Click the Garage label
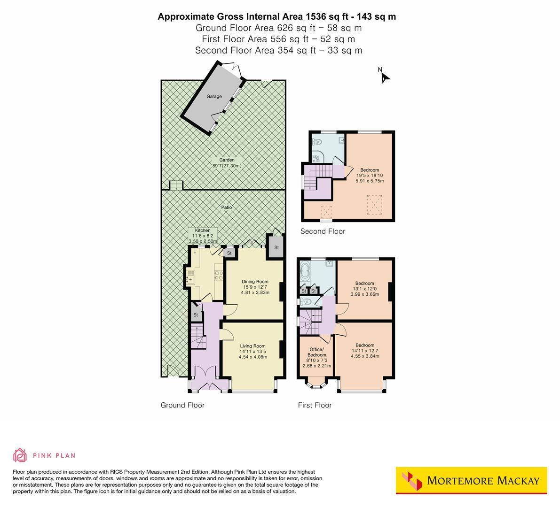click(214, 96)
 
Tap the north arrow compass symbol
click(384, 76)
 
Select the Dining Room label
click(255, 281)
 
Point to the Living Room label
click(253, 346)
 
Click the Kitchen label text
click(203, 230)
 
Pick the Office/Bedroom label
click(316, 352)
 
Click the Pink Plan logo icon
click(20, 455)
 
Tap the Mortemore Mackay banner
click(472, 480)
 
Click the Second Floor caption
click(323, 231)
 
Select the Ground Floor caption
click(182, 405)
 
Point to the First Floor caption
click(315, 405)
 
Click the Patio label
click(227, 207)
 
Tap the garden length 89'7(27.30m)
click(227, 166)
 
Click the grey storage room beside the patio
click(276, 247)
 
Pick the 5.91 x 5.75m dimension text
click(370, 181)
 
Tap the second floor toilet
click(317, 142)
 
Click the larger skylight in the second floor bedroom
click(374, 205)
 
